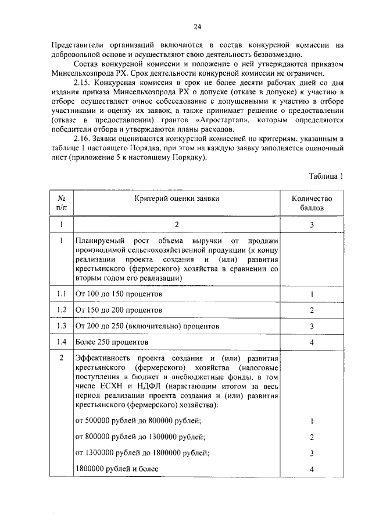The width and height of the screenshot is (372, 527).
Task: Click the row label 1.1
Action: click(61, 294)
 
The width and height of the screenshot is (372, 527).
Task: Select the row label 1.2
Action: click(61, 310)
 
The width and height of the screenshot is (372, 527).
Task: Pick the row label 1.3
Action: click(61, 326)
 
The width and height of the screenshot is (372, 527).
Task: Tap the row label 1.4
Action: click(61, 342)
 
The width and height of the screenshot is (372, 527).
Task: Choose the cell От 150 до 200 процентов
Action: click(119, 310)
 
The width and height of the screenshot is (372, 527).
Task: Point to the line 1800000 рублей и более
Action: click(117, 468)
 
